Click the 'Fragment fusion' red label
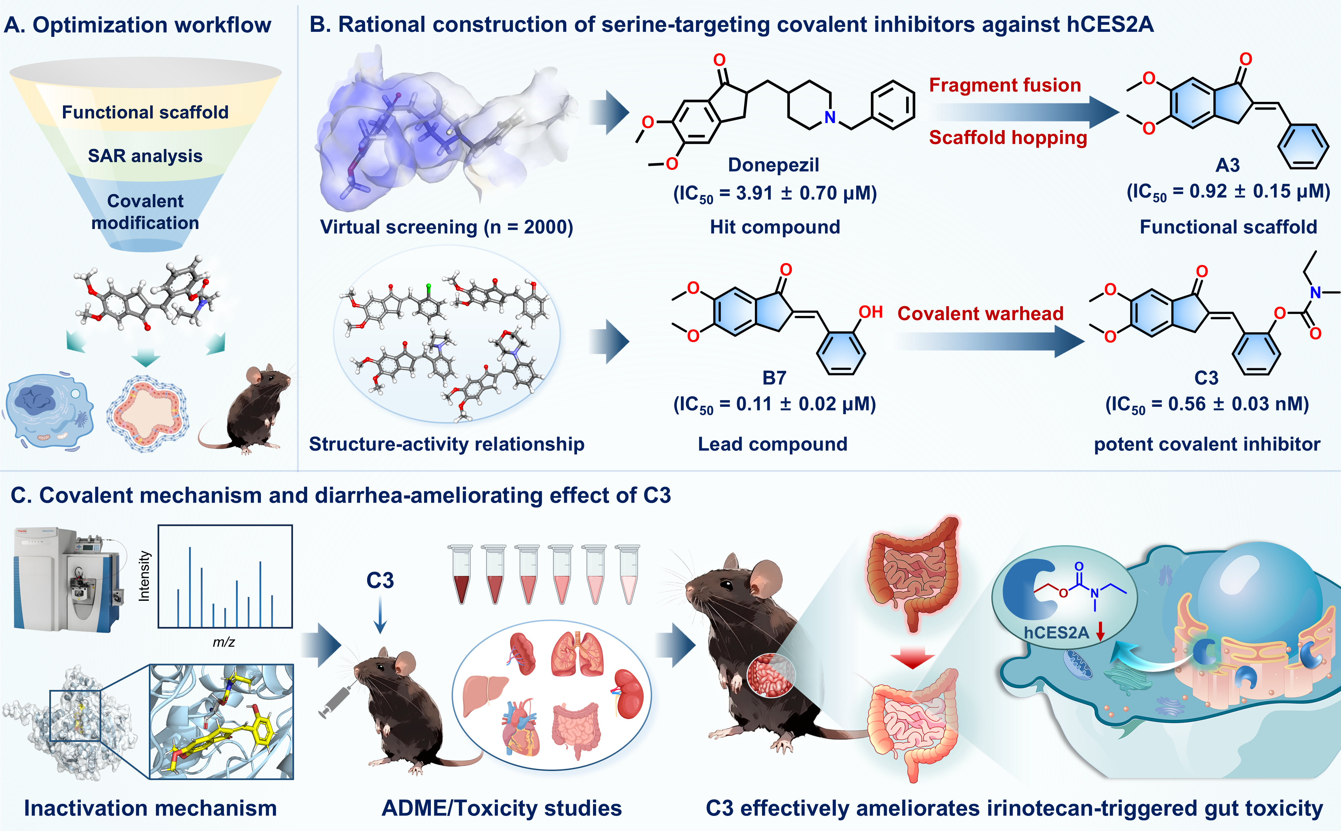click(1004, 85)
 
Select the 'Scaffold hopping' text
click(1008, 137)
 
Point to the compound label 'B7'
click(774, 378)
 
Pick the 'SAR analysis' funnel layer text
click(145, 156)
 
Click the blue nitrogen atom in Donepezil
click(830, 117)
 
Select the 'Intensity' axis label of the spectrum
click(144, 576)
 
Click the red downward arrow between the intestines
click(912, 658)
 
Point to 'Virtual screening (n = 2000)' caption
click(447, 227)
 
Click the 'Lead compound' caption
click(772, 444)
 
